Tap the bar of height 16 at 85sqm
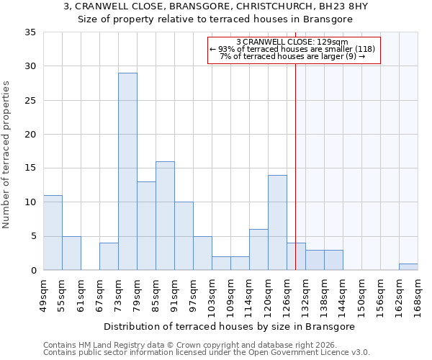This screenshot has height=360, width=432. (x=165, y=216)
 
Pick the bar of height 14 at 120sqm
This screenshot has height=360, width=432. (x=277, y=222)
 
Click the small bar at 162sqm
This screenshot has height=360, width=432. (x=408, y=267)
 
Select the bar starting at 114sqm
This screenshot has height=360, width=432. (x=258, y=250)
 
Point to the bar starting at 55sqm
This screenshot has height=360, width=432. (x=71, y=253)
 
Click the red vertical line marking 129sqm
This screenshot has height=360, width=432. (x=295, y=166)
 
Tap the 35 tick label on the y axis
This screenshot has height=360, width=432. (x=30, y=32)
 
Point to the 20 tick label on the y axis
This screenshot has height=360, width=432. (x=30, y=135)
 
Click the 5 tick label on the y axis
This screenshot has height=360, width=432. (x=32, y=237)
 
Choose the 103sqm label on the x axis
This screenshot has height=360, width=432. (x=212, y=296)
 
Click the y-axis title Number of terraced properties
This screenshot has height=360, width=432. (x=6, y=155)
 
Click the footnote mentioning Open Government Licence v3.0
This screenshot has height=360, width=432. (x=207, y=352)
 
